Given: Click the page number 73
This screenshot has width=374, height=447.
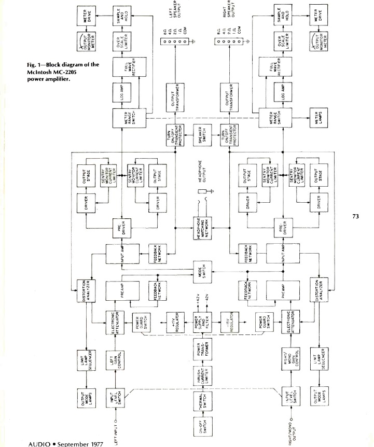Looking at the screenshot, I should [356, 217].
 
